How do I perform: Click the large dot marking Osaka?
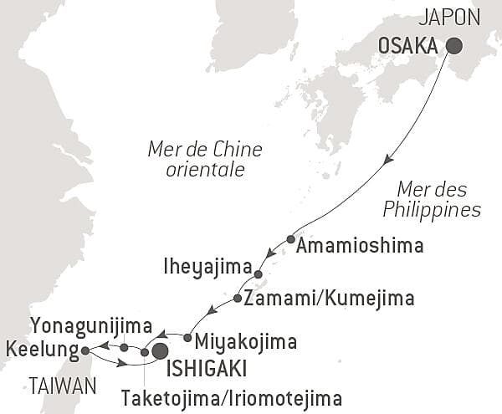point(454,47)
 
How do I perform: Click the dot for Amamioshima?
point(290,239)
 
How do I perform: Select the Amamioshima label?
point(360,246)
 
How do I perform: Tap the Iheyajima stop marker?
point(258,274)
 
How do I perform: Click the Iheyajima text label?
point(210,268)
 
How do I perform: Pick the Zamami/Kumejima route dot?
point(238,299)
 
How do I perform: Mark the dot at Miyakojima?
point(187,338)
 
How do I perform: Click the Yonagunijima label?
point(90,325)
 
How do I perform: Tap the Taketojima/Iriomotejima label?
point(231,396)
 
